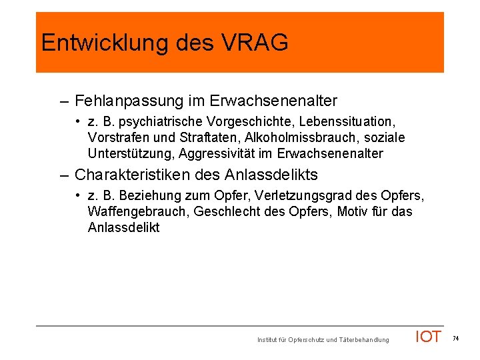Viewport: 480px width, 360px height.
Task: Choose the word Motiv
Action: click(x=355, y=212)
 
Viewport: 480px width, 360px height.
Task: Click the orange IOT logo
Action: click(x=428, y=337)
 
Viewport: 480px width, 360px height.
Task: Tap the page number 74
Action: click(x=456, y=339)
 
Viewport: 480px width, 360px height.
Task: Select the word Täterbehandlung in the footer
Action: click(x=363, y=341)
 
